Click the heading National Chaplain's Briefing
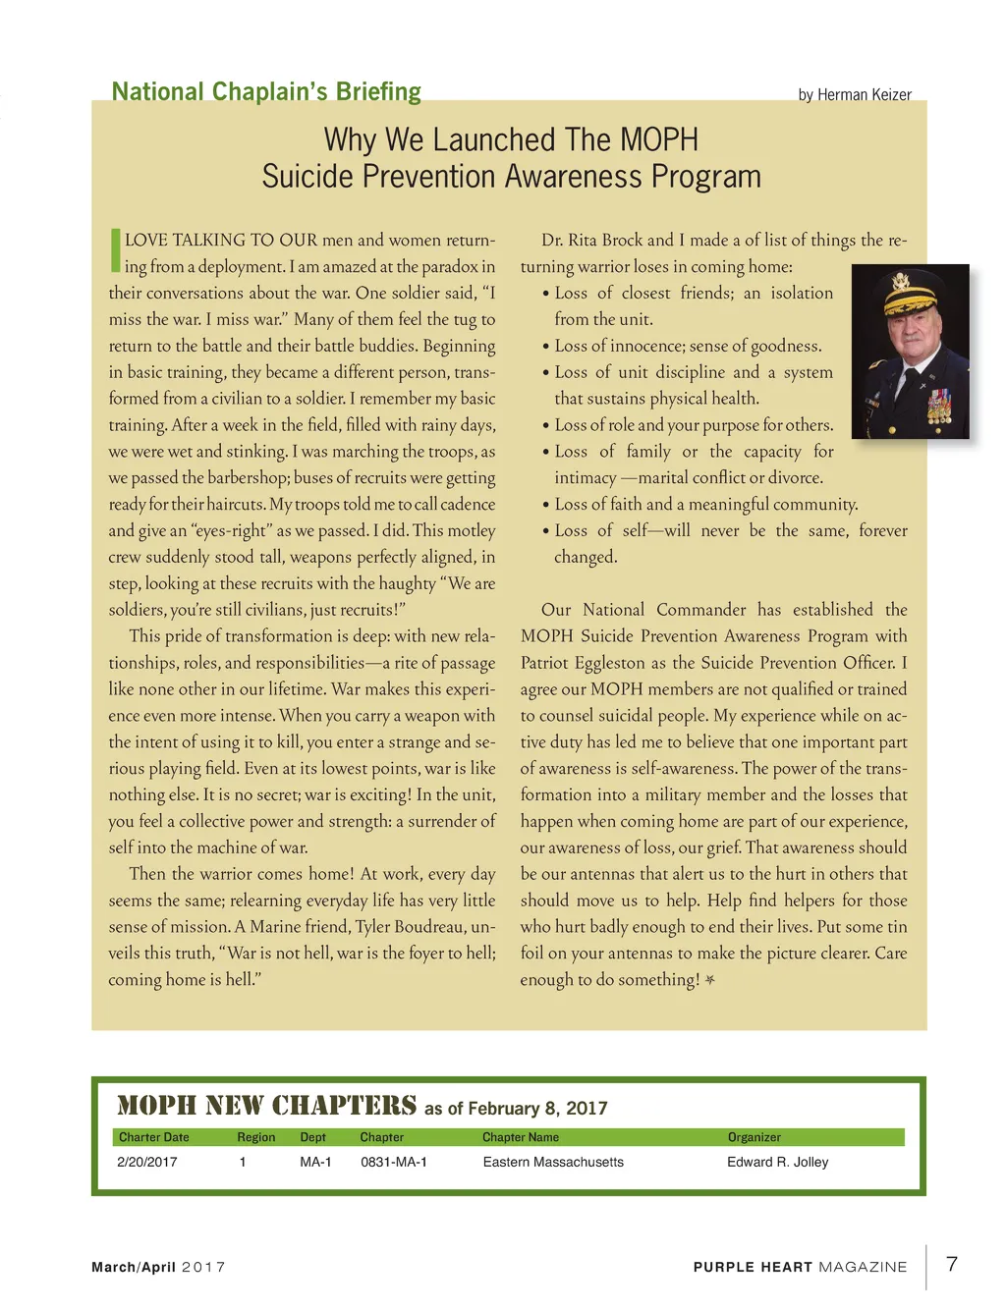pos(266,92)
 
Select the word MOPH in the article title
pos(659,139)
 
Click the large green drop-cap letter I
pos(115,250)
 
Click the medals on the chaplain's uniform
pos(939,405)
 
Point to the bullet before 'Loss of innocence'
pos(545,347)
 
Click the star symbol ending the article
pos(710,980)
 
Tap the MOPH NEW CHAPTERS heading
pos(266,1107)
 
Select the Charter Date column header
pos(154,1137)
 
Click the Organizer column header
pos(754,1137)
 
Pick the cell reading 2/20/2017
pos(147,1162)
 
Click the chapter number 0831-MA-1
pos(393,1162)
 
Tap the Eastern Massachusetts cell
pos(553,1162)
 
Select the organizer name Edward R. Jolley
pos(777,1162)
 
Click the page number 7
pos(951,1264)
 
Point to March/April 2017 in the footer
pos(158,1267)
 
